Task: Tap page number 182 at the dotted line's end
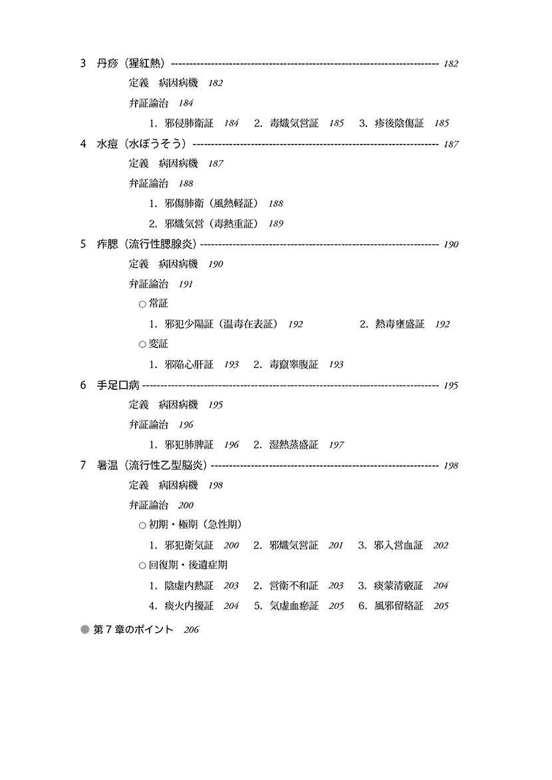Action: [450, 64]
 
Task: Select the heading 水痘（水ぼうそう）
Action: [142, 144]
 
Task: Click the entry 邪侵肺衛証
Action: [188, 123]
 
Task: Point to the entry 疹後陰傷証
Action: [399, 123]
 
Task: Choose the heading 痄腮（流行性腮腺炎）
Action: [147, 244]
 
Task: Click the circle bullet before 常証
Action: [142, 304]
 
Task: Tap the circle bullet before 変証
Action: [142, 344]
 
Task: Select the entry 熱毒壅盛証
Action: [400, 324]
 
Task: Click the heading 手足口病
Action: [118, 385]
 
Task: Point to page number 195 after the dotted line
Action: [450, 385]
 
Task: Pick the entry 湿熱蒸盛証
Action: [293, 445]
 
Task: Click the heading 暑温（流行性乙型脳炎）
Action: [152, 466]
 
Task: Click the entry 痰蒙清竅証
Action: [398, 586]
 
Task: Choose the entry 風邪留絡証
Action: [399, 606]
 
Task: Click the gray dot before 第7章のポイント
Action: [85, 630]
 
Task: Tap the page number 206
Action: [191, 630]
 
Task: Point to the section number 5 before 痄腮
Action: [83, 244]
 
